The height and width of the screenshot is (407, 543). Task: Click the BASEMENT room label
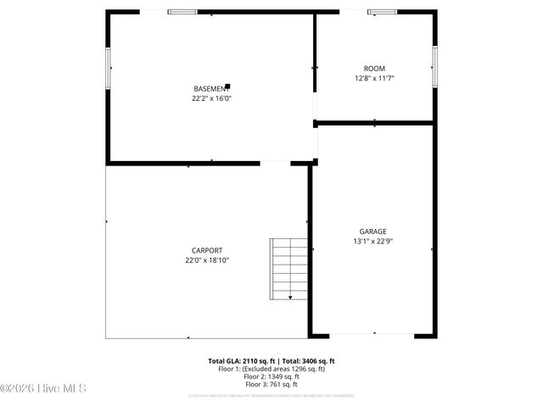coord(210,89)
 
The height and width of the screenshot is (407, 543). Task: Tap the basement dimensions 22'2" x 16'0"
coord(211,98)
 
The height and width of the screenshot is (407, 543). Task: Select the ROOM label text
coord(374,69)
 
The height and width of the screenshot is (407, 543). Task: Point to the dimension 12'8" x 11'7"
coord(374,78)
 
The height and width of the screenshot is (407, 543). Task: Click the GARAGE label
coord(372,231)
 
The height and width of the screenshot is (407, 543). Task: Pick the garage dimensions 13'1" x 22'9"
coord(372,241)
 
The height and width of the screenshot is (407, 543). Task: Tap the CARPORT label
coord(207,250)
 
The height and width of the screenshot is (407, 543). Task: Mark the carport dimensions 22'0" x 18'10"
coord(207,260)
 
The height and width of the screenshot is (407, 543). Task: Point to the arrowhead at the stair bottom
coord(291,298)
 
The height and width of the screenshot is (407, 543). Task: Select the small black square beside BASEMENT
coord(227,86)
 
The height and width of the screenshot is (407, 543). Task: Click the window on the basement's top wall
coord(181,12)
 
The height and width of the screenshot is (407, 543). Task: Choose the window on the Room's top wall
coord(381,12)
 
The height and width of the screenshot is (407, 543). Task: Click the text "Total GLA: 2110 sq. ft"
coord(241,361)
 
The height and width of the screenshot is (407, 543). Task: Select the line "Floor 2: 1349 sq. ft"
coord(271,376)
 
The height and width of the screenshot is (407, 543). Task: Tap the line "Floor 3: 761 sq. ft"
coord(271,384)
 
